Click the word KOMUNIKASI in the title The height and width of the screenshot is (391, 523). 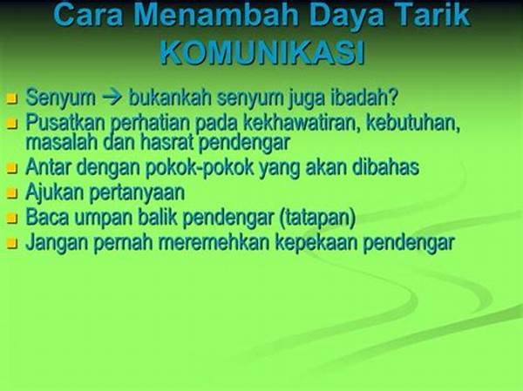(x=262, y=53)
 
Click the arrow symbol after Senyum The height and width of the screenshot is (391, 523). (x=112, y=98)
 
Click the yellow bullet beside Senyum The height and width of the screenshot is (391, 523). (x=12, y=98)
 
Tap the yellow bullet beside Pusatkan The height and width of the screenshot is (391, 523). (x=12, y=124)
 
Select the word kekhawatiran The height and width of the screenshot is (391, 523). (x=301, y=122)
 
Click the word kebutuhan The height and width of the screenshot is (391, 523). (x=413, y=123)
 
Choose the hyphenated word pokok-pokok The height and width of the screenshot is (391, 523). (x=200, y=168)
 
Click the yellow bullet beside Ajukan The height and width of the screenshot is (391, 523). (x=12, y=193)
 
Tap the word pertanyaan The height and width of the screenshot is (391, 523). (x=138, y=193)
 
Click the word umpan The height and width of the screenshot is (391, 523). (x=103, y=219)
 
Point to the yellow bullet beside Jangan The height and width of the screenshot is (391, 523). (x=12, y=243)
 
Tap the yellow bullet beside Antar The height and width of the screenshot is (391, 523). (x=12, y=168)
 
